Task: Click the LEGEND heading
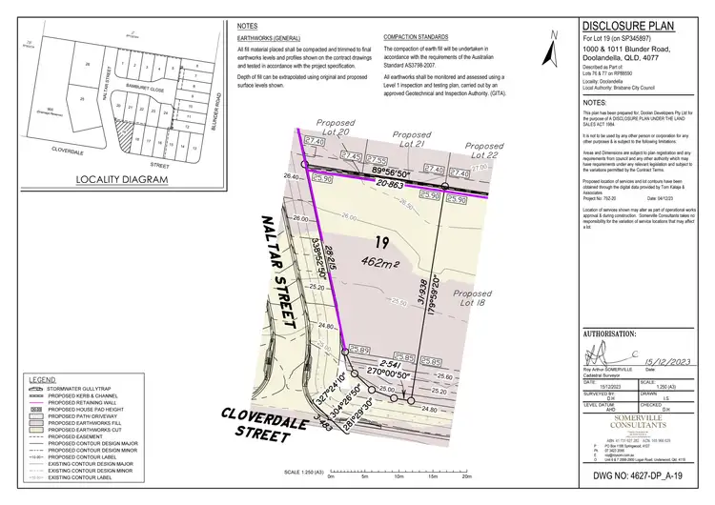click(46, 379)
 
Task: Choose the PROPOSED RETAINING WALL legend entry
click(92, 403)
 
